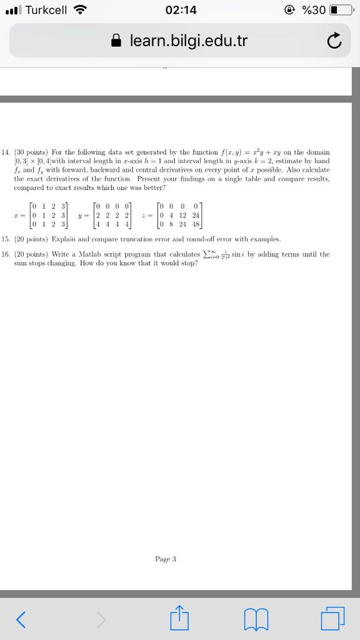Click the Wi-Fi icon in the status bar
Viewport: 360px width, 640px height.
80,10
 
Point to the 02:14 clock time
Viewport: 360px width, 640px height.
181,11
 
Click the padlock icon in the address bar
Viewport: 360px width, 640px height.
116,41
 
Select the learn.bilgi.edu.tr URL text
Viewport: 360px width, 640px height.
189,41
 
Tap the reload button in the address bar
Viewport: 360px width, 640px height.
334,41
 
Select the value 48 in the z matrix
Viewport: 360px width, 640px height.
196,224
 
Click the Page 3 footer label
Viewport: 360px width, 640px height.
166,559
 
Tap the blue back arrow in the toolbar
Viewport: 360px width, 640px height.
21,619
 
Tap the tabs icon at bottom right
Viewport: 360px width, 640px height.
332,619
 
